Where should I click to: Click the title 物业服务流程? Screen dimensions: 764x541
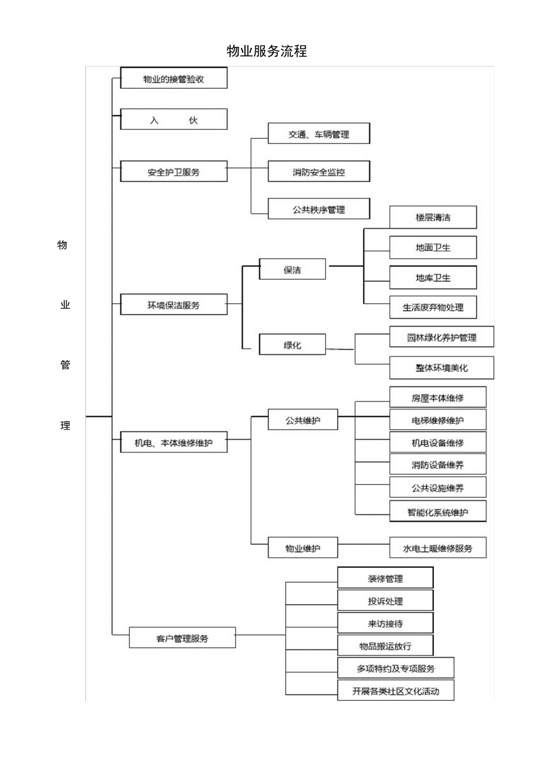pyautogui.click(x=267, y=51)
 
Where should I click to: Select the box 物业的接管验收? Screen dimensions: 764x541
pyautogui.click(x=174, y=79)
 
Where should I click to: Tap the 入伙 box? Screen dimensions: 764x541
pyautogui.click(x=174, y=120)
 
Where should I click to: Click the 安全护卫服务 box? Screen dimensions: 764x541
pyautogui.click(x=174, y=172)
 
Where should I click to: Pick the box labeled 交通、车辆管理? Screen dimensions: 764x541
pyautogui.click(x=318, y=134)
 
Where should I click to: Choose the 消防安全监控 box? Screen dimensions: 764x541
pyautogui.click(x=318, y=172)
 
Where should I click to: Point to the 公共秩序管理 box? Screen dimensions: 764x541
pyautogui.click(x=318, y=209)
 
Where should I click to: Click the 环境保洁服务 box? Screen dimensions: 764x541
pyautogui.click(x=174, y=305)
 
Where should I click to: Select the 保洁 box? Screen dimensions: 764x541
pyautogui.click(x=292, y=270)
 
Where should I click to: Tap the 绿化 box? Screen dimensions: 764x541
pyautogui.click(x=292, y=345)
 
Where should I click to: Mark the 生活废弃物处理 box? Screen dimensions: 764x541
pyautogui.click(x=433, y=307)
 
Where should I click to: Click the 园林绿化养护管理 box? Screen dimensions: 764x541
pyautogui.click(x=441, y=337)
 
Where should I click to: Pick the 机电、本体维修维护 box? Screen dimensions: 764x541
pyautogui.click(x=174, y=442)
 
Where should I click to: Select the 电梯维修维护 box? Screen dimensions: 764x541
pyautogui.click(x=437, y=420)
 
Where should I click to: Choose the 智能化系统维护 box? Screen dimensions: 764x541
pyautogui.click(x=437, y=512)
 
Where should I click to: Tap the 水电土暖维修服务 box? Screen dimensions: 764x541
pyautogui.click(x=437, y=548)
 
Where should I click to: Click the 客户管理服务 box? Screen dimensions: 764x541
pyautogui.click(x=182, y=638)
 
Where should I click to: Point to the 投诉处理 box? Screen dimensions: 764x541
pyautogui.click(x=385, y=601)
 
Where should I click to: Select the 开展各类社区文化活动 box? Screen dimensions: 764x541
pyautogui.click(x=395, y=691)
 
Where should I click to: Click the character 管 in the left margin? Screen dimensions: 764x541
pyautogui.click(x=65, y=365)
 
